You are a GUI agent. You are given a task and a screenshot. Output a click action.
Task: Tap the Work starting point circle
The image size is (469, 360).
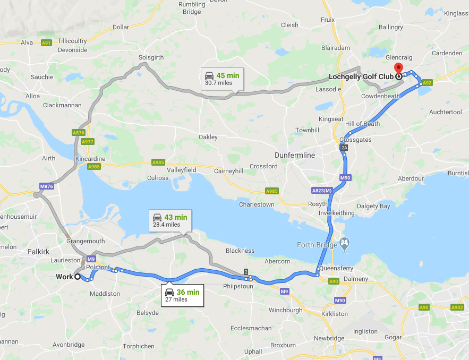point(78,277)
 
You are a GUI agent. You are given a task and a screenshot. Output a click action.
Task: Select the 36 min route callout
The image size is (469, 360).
point(182,295)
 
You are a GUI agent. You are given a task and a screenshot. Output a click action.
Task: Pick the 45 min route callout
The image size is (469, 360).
point(222,79)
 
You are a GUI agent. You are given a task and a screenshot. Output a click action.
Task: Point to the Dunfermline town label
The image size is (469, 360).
point(295,155)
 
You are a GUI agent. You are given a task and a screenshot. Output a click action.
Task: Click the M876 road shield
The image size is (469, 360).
point(47,186)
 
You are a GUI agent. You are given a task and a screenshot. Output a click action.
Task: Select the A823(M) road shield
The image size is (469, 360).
point(321,191)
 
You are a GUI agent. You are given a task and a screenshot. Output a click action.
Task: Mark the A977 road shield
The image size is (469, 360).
point(88,142)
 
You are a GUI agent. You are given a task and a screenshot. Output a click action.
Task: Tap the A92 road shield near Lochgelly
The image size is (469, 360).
point(427,82)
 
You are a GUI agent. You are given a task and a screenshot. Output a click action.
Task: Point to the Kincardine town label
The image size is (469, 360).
point(90,159)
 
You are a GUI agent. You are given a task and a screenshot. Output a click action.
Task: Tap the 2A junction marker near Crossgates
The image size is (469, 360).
point(344,148)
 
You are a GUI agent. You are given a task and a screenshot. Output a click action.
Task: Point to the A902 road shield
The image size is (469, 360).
point(456,307)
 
